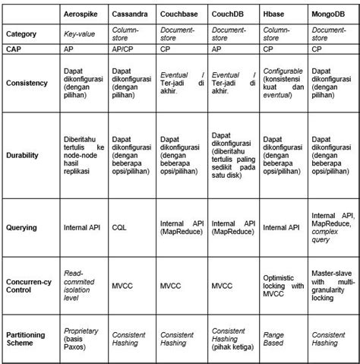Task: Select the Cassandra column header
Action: pos(131,15)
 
